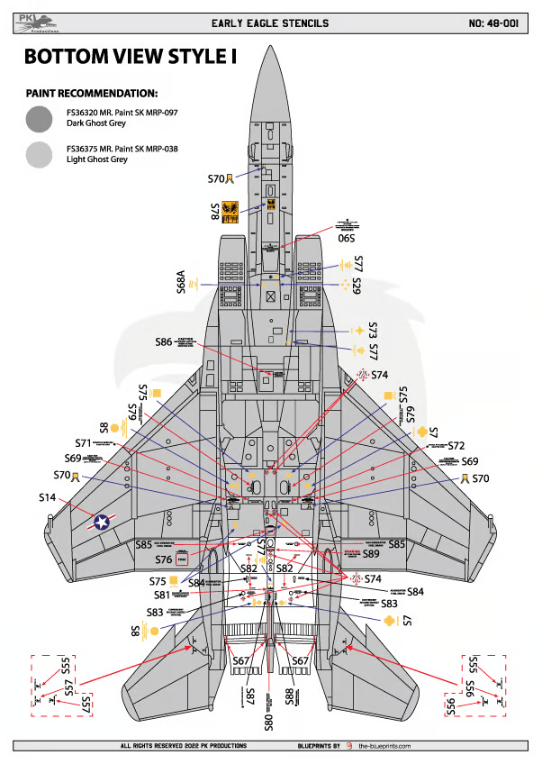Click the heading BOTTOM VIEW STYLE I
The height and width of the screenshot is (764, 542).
[x=130, y=57]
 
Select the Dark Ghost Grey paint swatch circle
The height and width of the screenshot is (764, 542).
[x=40, y=119]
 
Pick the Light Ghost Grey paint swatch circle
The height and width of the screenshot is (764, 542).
[x=40, y=156]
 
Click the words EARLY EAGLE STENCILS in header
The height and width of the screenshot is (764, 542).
[x=269, y=23]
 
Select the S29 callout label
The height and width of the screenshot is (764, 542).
[x=357, y=286]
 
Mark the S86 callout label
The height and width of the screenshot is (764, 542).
[x=163, y=342]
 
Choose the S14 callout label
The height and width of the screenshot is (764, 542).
[x=47, y=496]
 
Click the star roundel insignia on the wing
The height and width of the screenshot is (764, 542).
[x=102, y=521]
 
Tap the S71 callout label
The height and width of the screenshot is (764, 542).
[x=84, y=443]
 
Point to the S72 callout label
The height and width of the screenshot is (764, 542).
[x=456, y=446]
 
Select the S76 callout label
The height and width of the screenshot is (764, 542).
[x=163, y=560]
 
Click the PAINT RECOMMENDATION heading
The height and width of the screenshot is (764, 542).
[x=92, y=94]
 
